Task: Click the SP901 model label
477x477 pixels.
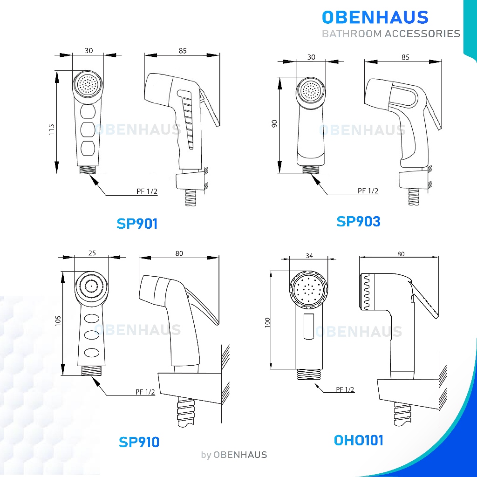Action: (137, 224)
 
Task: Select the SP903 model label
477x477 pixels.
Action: (358, 221)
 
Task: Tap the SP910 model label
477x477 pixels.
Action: (139, 442)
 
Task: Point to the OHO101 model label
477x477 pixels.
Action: (359, 440)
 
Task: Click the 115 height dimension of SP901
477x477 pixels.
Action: (51, 129)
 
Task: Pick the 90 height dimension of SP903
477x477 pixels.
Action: (275, 124)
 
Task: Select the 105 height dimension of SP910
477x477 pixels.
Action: (58, 321)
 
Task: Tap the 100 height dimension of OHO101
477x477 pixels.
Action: (267, 322)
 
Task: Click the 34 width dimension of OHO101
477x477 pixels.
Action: (309, 256)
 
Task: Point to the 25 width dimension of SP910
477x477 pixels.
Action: (92, 253)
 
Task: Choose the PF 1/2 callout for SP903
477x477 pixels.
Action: (368, 191)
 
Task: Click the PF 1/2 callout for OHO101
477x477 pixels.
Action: (345, 389)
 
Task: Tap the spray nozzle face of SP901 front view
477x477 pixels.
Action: (88, 85)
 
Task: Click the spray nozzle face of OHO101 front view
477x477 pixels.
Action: (309, 290)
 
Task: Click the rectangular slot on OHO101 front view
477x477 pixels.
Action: (309, 327)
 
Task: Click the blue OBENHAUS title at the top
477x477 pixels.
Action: (375, 17)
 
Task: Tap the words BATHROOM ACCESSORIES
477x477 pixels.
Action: (391, 34)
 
